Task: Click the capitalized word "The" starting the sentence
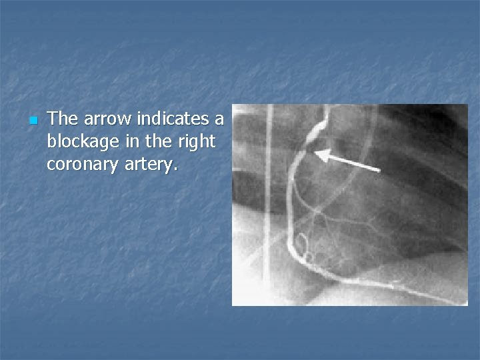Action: (x=63, y=119)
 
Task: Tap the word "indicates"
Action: (x=171, y=119)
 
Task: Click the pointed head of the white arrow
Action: (x=317, y=155)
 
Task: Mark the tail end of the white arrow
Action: (x=379, y=171)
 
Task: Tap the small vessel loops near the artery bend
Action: (x=304, y=248)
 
